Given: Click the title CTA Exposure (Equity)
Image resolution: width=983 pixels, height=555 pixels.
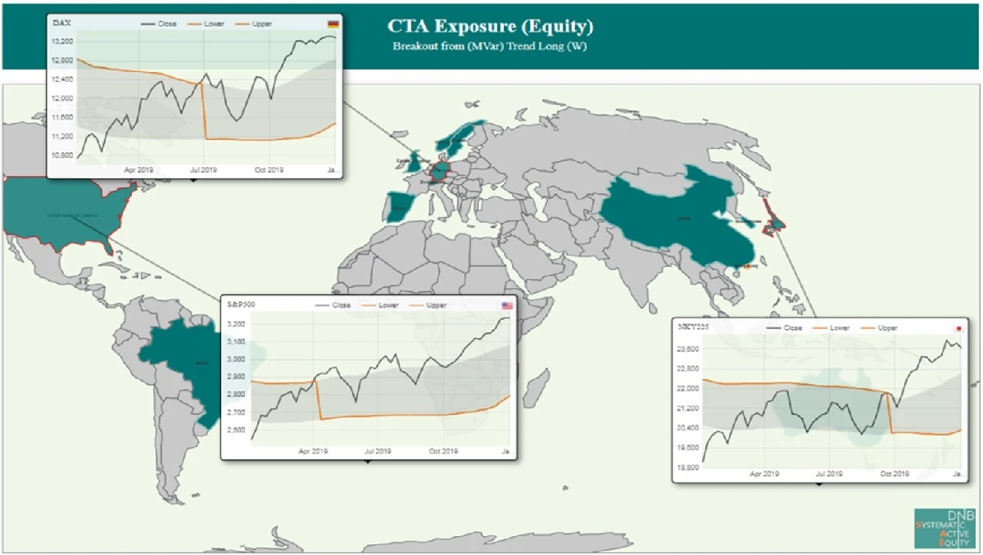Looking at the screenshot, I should click(x=491, y=26).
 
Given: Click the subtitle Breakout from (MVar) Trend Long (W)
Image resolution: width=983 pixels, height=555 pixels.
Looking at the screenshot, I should click(x=491, y=46).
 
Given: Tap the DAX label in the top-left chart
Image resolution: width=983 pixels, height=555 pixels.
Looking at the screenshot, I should click(x=60, y=23).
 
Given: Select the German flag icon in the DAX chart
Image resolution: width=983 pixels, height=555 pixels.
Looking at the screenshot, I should click(x=333, y=24).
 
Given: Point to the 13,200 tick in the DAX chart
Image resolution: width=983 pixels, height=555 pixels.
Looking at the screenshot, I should click(x=62, y=41).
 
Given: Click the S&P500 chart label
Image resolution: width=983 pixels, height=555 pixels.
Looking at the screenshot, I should click(x=240, y=305).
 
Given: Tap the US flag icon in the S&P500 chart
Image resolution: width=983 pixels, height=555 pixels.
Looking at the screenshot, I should click(x=507, y=305).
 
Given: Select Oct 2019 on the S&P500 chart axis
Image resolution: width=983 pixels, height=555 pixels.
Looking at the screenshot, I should click(x=443, y=451).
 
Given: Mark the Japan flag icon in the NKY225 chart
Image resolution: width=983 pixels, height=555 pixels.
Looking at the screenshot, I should click(x=958, y=328).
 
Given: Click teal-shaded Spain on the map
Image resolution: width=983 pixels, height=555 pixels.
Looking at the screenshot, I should click(x=398, y=208).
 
